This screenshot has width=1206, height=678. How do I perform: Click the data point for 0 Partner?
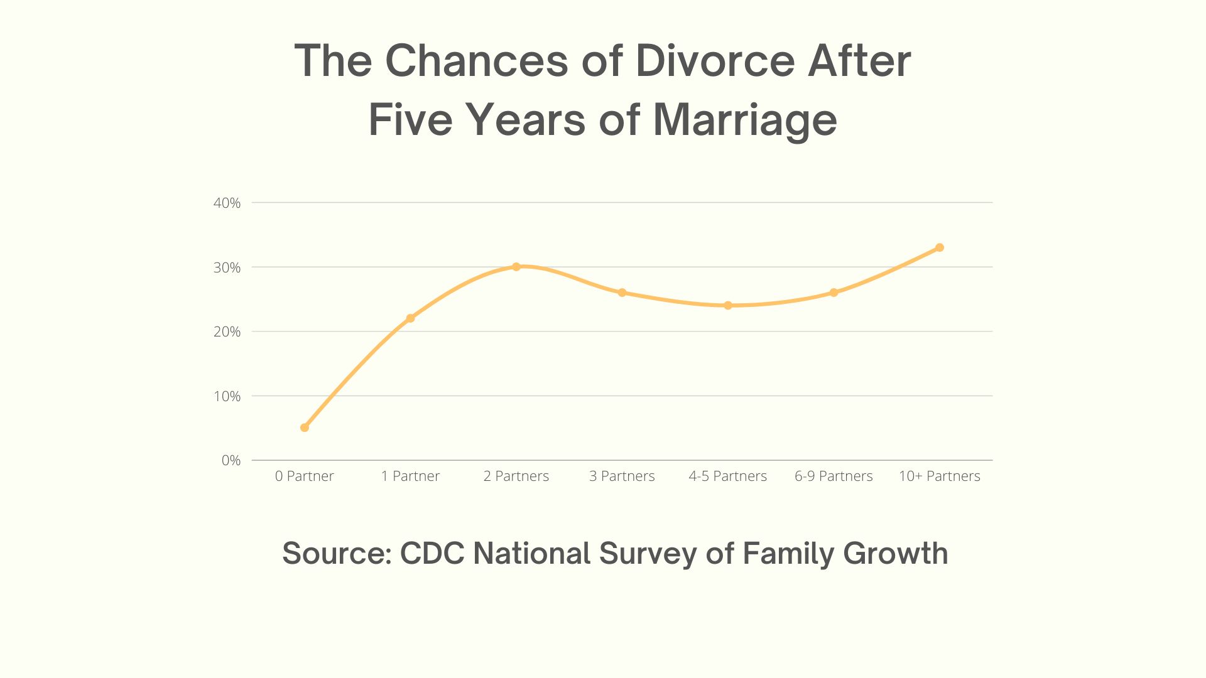305,428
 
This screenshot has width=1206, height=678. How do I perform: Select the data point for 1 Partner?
410,318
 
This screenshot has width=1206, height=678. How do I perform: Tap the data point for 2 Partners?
516,267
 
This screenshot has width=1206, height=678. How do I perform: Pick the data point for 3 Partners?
622,293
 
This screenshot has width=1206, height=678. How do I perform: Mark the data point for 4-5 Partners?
728,306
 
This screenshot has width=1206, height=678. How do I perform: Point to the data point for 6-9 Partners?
834,293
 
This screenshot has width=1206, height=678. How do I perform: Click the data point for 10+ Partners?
940,247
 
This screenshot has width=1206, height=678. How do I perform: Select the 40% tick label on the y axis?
227,203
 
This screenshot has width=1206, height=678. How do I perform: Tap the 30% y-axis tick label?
227,267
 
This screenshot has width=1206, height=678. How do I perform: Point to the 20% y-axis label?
227,331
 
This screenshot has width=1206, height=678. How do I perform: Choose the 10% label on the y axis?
227,396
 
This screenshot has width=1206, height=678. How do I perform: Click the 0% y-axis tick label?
231,460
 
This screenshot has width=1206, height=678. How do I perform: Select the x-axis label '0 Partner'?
305,476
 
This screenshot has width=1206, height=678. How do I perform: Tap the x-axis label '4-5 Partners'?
728,476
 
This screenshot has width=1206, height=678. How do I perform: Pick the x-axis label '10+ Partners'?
940,476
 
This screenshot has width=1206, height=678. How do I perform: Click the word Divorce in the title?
716,61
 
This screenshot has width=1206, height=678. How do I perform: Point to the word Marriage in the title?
745,119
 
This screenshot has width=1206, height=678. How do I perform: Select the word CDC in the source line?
432,553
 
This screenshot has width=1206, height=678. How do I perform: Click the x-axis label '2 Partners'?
516,476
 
